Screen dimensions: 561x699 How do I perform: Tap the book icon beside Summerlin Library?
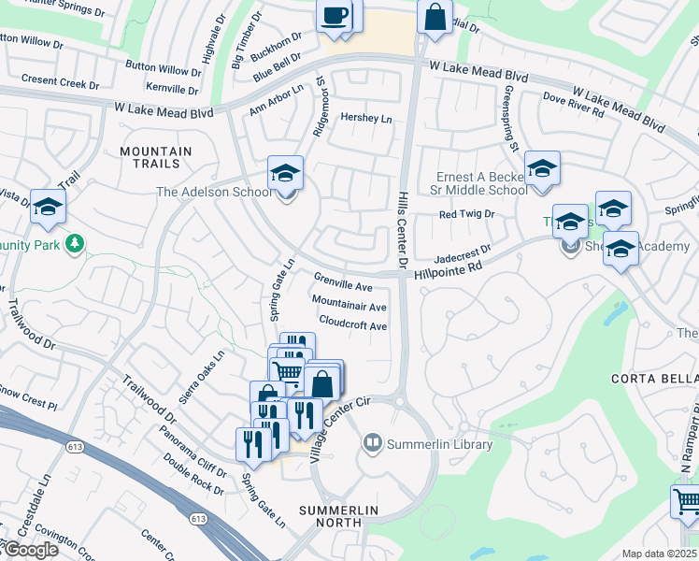pos(373,441)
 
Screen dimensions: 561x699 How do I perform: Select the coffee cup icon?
pos(335,15)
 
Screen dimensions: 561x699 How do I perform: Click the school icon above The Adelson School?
pos(285,173)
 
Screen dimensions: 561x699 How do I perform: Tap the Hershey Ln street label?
pos(366,119)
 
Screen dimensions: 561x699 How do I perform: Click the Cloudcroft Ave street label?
pos(352,325)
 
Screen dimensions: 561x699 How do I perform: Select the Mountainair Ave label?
pos(349,306)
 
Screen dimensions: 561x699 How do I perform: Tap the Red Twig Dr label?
pos(466,214)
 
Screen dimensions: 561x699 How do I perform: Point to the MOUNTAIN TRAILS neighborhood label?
pos(156,157)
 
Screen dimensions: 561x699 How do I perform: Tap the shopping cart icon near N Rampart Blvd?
pos(685,501)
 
